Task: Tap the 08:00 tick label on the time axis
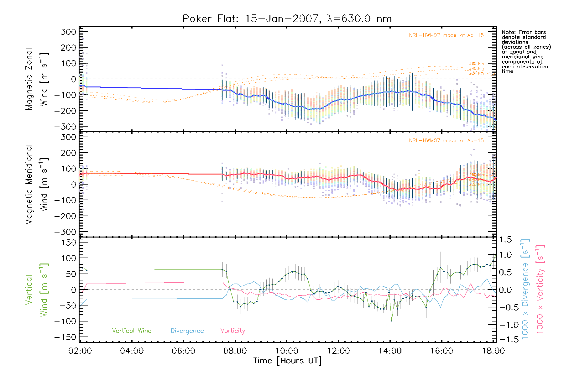pos(235,351)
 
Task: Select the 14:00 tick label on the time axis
pos(390,351)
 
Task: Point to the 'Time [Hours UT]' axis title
pos(287,361)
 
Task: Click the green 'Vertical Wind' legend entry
pos(132,331)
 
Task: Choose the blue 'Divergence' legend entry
pos(187,331)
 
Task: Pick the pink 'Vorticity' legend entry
pos(232,331)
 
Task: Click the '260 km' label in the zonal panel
pos(476,64)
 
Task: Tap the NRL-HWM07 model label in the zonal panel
pos(446,35)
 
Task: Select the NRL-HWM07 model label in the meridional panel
pos(446,141)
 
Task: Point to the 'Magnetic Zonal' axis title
pos(29,79)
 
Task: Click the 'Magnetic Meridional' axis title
pos(29,185)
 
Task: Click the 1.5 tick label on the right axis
pos(505,240)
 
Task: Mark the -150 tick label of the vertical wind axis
pos(65,337)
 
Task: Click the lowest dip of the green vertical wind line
pos(392,321)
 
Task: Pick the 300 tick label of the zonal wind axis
pos(68,32)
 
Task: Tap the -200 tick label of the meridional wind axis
pos(65,216)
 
